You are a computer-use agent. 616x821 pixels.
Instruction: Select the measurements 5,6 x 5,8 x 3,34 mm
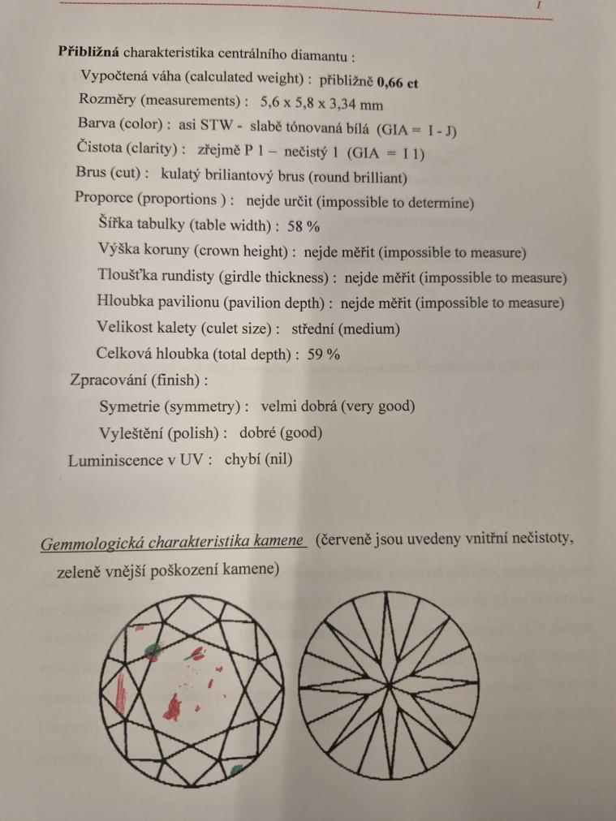point(322,105)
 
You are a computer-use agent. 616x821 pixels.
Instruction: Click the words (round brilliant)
point(354,176)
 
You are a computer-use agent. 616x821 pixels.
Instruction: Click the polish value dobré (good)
point(281,432)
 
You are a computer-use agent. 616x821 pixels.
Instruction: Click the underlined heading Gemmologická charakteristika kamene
point(173,540)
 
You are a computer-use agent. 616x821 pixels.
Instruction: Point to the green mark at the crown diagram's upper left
point(151,648)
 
